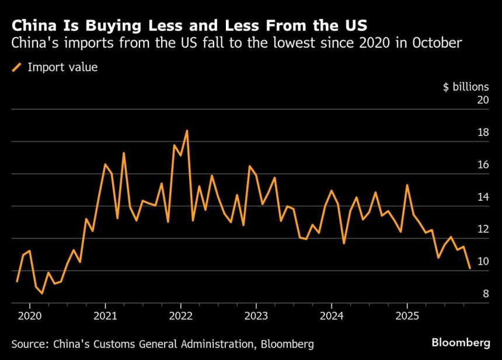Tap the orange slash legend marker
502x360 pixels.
tap(16, 68)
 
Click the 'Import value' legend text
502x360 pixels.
tap(62, 67)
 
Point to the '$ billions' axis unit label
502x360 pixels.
tap(466, 87)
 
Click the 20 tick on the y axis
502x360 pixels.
tap(482, 100)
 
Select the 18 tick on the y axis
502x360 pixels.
tap(482, 132)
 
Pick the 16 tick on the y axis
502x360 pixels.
tap(482, 165)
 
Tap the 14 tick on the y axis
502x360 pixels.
tap(482, 197)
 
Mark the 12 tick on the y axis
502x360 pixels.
tap(482, 229)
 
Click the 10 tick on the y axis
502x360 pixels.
tap(482, 261)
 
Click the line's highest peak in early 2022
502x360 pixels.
tap(187, 131)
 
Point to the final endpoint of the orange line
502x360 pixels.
tap(470, 268)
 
